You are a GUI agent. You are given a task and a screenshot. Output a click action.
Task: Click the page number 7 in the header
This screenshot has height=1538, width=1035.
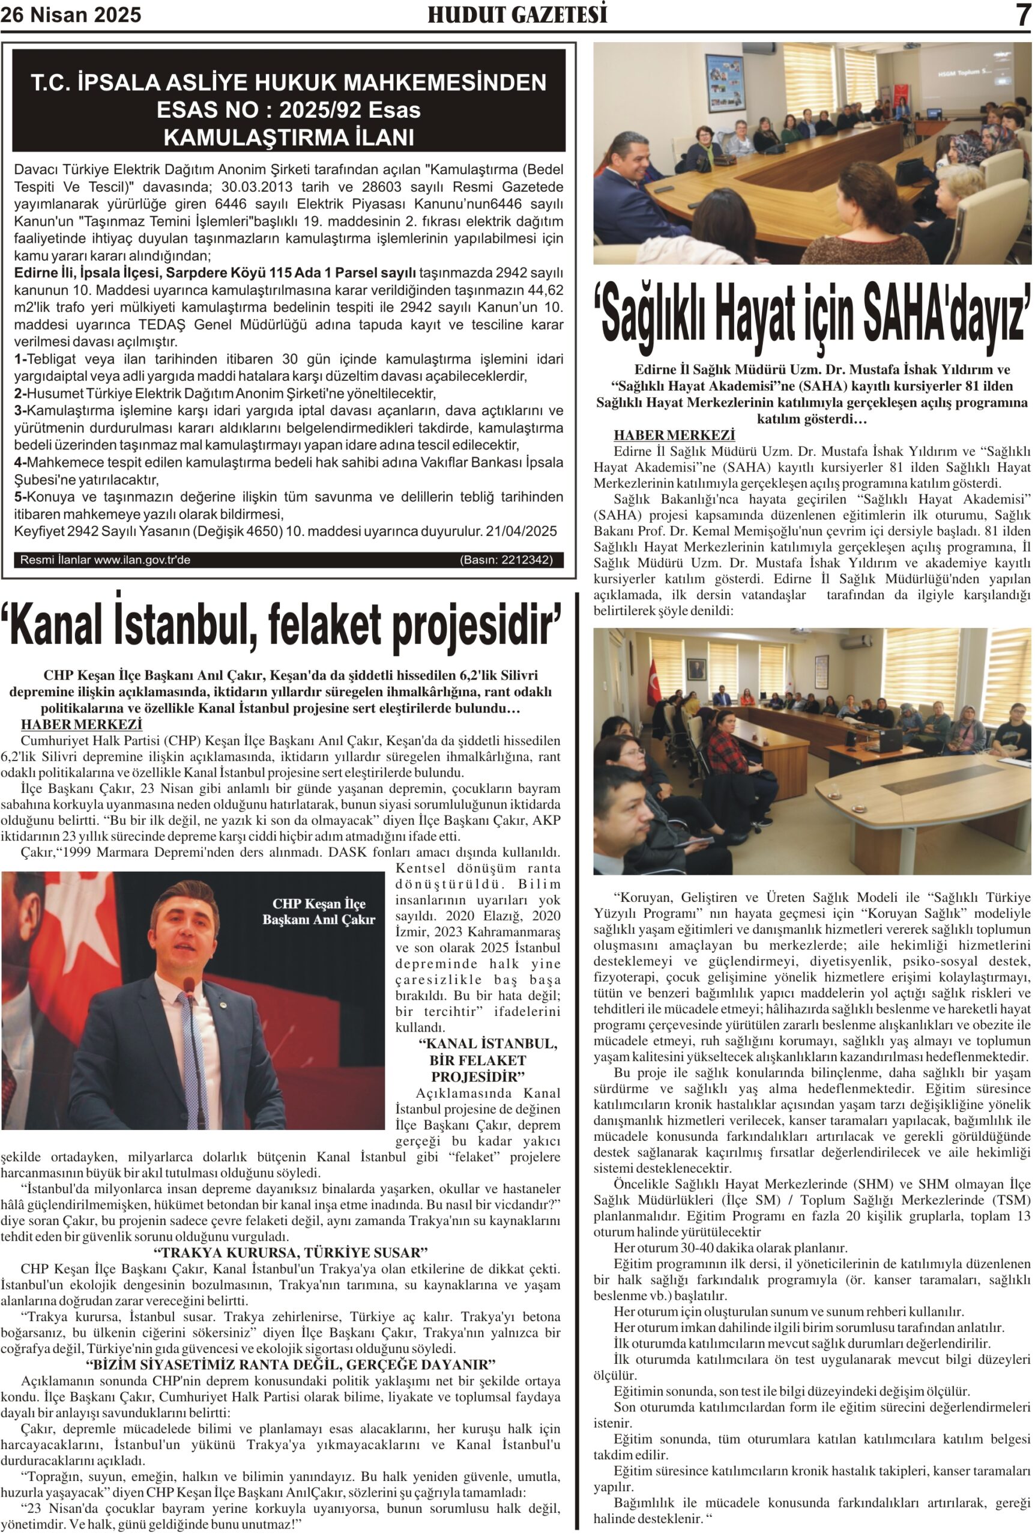coord(1022,14)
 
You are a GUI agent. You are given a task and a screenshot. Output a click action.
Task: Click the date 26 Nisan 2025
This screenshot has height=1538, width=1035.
coord(71,15)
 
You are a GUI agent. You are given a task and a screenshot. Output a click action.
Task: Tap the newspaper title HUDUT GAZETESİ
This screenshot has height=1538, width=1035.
coord(517,14)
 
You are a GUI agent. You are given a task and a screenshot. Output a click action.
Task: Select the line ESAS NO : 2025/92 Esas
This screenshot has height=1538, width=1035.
coord(288,109)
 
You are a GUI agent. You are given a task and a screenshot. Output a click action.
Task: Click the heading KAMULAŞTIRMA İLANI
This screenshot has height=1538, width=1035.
coord(288,138)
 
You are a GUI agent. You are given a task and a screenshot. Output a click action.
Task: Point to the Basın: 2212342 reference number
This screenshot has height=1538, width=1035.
coord(505,560)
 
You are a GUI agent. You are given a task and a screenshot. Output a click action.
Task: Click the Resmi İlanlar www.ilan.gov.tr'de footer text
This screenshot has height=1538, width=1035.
coord(106,560)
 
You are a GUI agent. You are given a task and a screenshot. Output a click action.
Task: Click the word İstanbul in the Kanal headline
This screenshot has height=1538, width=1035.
coord(178,625)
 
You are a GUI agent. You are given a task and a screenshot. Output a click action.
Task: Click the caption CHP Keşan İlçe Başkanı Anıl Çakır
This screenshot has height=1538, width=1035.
coord(318,912)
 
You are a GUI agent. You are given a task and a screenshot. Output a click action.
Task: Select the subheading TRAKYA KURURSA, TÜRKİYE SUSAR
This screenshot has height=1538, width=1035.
coord(291,1253)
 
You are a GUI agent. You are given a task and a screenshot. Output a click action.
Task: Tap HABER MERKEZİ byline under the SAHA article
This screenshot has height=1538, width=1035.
coord(674,435)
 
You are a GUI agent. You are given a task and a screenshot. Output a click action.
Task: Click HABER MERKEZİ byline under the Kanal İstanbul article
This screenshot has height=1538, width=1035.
coord(81,725)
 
